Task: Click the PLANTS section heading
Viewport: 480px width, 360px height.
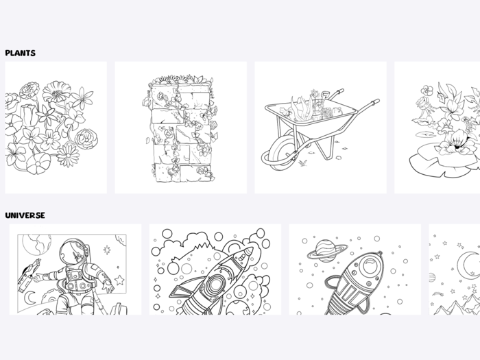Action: [x=20, y=53]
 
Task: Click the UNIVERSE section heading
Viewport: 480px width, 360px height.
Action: [x=25, y=215]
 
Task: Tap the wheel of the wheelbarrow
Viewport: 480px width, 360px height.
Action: [x=280, y=153]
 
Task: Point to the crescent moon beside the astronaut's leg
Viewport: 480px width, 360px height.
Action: [x=29, y=298]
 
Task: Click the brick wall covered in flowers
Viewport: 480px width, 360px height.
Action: [x=181, y=128]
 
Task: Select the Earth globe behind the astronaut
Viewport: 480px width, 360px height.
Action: [x=37, y=244]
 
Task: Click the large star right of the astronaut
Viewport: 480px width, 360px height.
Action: [x=119, y=280]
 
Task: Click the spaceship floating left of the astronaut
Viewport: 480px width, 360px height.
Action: [x=28, y=274]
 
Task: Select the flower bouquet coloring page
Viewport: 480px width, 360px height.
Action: [x=56, y=128]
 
